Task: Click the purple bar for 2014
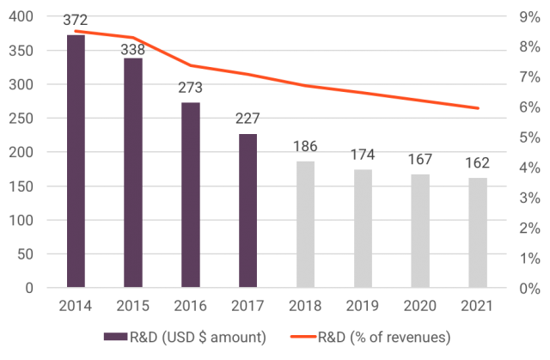76,163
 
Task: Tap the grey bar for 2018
305,224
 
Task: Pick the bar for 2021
478,233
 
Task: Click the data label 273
191,88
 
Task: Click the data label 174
363,156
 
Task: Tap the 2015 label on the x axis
133,305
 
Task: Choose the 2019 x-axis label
363,305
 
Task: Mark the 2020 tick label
420,305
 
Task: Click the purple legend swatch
114,337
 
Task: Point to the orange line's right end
478,108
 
